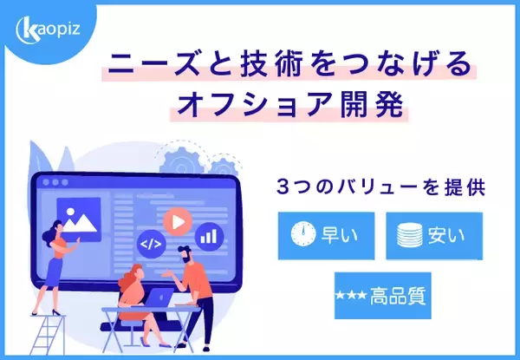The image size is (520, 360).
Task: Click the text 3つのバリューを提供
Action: pos(380,187)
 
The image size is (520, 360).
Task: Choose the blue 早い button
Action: pos(319,234)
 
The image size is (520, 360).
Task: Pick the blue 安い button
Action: pos(433,234)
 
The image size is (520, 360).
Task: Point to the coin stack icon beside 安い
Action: pos(409,235)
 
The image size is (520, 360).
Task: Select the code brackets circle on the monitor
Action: pos(152,245)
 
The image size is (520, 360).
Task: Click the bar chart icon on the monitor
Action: pos(208,234)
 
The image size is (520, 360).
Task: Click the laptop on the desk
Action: pos(161,298)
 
